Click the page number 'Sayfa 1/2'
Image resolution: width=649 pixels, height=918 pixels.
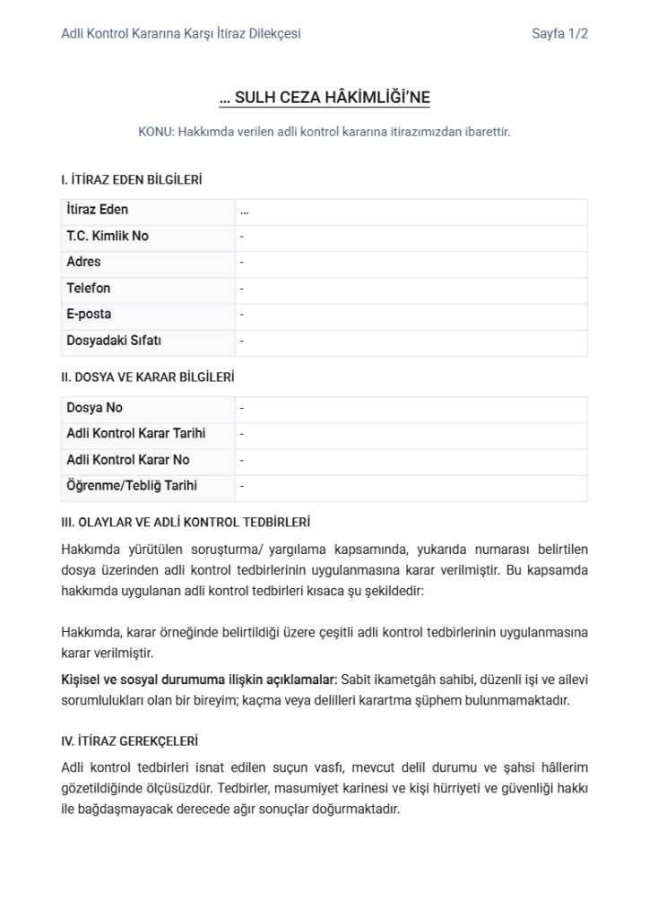[559, 34]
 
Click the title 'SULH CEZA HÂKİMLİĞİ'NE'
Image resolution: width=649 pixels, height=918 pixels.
[324, 98]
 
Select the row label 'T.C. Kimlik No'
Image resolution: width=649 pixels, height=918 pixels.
[108, 236]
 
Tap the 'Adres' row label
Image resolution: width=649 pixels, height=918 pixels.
[83, 262]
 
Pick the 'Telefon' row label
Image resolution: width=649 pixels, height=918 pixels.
[88, 289]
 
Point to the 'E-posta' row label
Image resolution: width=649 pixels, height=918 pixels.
[89, 315]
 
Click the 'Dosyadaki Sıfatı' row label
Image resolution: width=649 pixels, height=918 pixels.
[114, 341]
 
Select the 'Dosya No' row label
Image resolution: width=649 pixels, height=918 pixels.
[94, 408]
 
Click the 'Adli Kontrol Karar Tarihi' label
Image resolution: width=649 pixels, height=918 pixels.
[135, 434]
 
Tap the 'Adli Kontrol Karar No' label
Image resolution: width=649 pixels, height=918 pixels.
[127, 460]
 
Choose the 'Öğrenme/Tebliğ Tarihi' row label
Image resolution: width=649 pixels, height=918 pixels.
[132, 486]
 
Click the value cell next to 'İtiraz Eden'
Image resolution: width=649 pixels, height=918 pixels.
[411, 211]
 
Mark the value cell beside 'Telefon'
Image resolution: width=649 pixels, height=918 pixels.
[411, 289]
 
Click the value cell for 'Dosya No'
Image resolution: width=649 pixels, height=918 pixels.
[411, 408]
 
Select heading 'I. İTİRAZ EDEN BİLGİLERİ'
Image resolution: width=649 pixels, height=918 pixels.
[131, 180]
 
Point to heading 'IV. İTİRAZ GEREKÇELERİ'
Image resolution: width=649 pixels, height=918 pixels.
[129, 741]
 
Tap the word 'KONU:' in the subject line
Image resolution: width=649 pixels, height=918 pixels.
[156, 131]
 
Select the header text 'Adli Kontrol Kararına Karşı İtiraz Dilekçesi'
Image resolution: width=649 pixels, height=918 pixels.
[180, 34]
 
